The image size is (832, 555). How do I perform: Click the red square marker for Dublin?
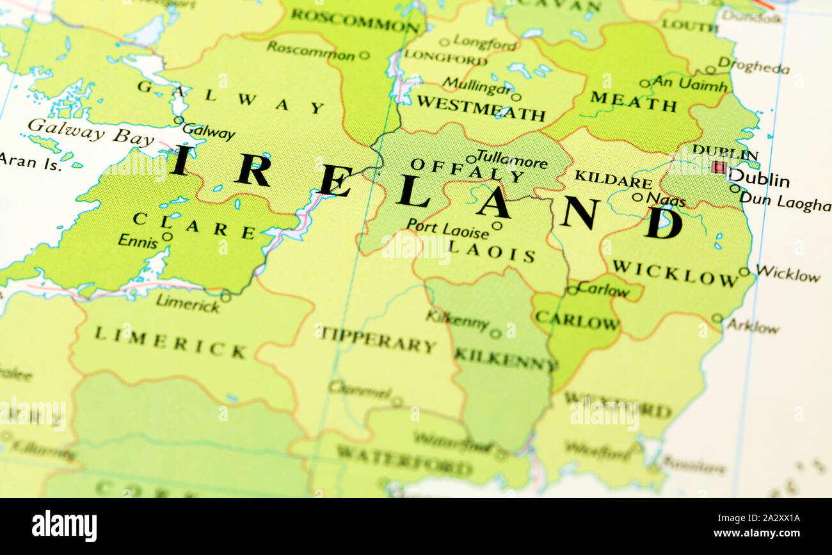[719, 167]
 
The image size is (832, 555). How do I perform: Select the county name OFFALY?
[467, 170]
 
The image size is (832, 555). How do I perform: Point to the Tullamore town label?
[512, 158]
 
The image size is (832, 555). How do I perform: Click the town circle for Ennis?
[167, 236]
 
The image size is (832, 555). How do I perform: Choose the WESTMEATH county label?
[481, 108]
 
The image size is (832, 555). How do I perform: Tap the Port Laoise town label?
[447, 229]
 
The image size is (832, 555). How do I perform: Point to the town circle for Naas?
[637, 197]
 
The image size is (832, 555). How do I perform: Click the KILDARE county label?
[612, 179]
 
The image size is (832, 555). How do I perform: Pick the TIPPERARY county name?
[377, 339]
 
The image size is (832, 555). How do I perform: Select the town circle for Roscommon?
[364, 56]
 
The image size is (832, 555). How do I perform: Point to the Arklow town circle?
[717, 318]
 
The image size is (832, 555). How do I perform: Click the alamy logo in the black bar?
[65, 526]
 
